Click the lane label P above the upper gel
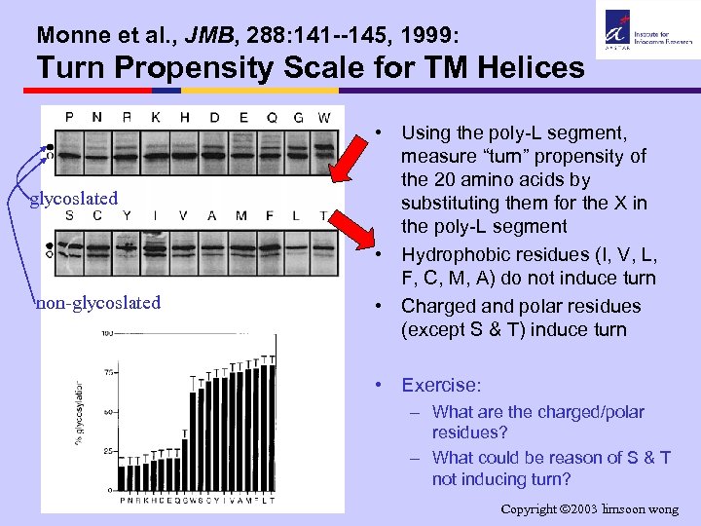pyautogui.click(x=69, y=117)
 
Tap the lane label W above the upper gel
pyautogui.click(x=324, y=118)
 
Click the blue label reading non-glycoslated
pyautogui.click(x=97, y=302)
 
